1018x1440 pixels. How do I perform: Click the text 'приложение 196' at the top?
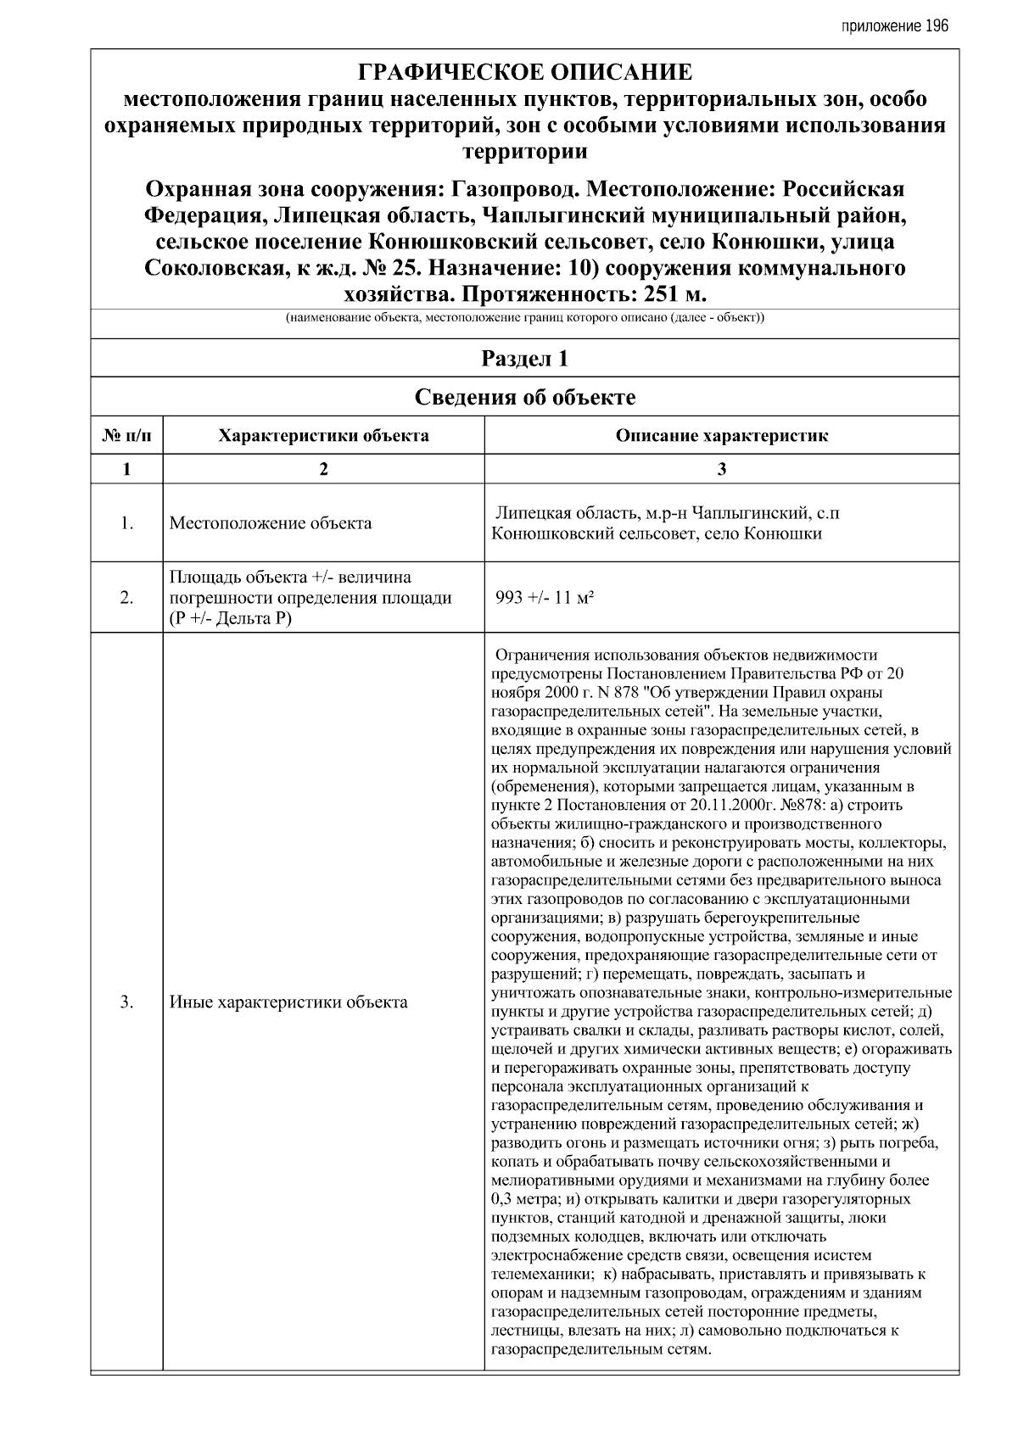tap(894, 26)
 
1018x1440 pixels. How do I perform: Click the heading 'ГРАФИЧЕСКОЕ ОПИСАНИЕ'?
tap(525, 71)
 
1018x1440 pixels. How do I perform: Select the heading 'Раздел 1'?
tap(525, 359)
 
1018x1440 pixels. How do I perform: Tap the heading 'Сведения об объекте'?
tap(525, 397)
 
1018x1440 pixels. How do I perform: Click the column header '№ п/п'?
tap(126, 436)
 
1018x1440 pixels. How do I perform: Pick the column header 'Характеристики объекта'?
tap(323, 436)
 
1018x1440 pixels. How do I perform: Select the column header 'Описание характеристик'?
tap(721, 436)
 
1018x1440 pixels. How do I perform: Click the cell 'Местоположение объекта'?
tap(271, 523)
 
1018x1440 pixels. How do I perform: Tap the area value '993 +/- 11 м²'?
tap(544, 597)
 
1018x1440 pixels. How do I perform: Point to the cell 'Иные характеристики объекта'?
tap(288, 1002)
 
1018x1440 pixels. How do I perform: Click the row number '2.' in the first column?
tap(126, 597)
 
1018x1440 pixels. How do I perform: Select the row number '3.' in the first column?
tap(126, 1002)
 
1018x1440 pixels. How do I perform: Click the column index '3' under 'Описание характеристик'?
tap(721, 469)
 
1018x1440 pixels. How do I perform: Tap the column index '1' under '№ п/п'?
tap(126, 469)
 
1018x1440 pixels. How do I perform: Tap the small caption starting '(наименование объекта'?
tap(525, 319)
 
